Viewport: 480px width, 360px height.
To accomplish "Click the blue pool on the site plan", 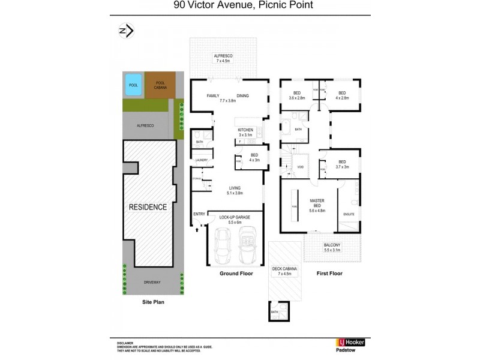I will click(133, 85).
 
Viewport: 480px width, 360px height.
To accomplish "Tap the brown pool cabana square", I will click(161, 85).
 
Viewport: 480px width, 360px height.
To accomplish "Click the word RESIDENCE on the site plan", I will click(148, 207).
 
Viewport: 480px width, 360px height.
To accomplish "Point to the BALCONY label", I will click(332, 245).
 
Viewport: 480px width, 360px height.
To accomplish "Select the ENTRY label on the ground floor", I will click(199, 214).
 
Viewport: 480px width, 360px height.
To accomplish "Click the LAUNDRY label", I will click(200, 160).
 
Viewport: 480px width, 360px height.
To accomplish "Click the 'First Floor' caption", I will click(329, 274).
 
